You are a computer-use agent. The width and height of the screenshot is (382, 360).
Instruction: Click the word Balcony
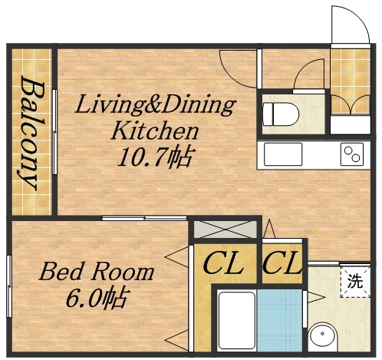(x=31, y=132)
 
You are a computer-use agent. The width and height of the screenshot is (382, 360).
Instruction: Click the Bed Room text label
(x=97, y=272)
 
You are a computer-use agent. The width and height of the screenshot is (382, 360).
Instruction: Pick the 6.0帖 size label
(x=97, y=296)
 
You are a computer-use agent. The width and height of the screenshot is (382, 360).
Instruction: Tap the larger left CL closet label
(x=223, y=265)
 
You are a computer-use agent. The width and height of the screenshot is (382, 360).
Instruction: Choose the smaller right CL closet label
(x=282, y=265)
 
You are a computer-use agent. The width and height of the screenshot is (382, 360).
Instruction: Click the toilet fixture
(x=275, y=113)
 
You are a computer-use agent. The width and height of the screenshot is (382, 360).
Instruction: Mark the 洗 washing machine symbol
(x=355, y=280)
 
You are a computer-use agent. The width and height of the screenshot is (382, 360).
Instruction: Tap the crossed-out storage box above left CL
(x=223, y=229)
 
